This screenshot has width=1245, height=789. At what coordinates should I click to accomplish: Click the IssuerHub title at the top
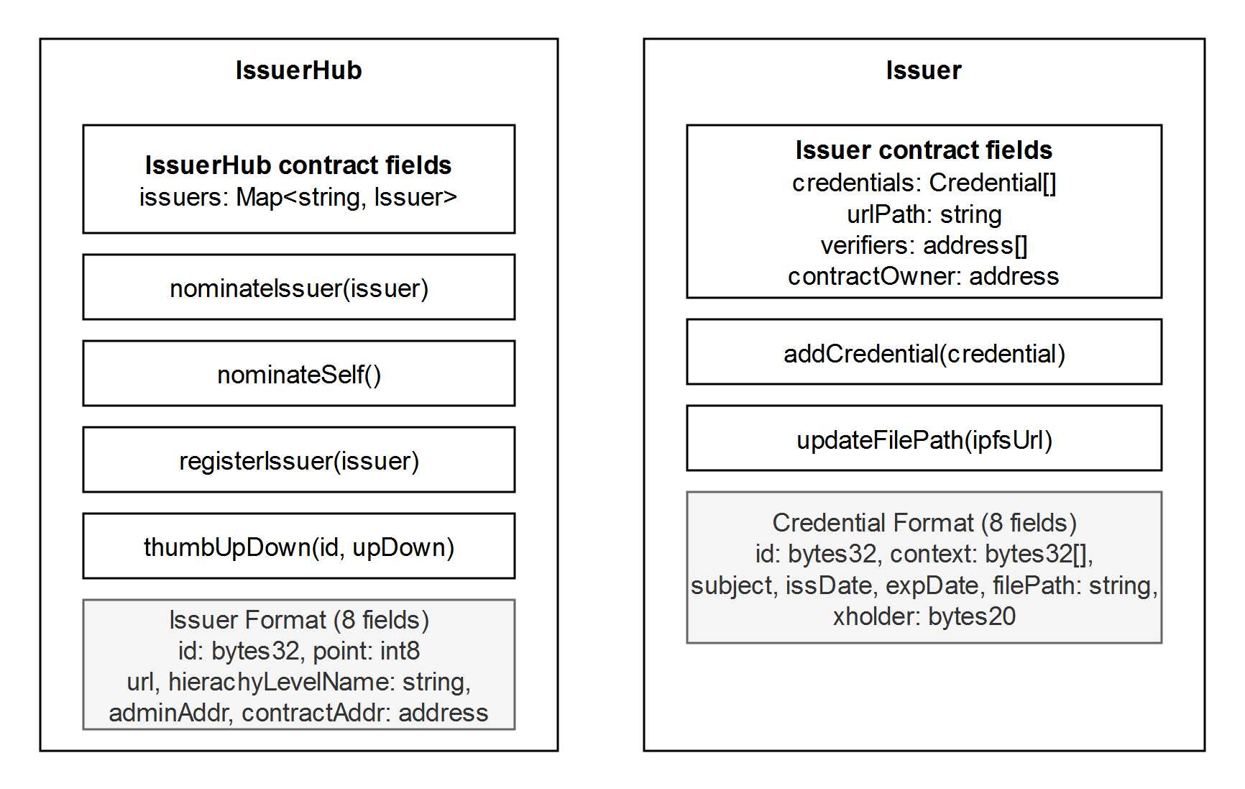[298, 70]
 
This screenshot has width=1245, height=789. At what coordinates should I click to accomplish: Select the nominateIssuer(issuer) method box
[299, 287]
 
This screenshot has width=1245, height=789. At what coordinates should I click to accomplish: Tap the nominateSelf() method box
[299, 373]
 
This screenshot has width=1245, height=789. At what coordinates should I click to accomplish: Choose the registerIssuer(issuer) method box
[299, 460]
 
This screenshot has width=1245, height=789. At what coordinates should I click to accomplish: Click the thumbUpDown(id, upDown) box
[299, 546]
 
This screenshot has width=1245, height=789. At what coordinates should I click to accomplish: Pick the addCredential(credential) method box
[924, 352]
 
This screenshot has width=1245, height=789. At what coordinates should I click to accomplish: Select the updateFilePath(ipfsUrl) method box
[924, 438]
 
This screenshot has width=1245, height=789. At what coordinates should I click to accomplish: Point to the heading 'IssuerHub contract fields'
[298, 165]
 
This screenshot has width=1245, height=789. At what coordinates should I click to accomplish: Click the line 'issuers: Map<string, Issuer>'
[298, 197]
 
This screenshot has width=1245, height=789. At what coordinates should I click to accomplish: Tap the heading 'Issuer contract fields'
[924, 150]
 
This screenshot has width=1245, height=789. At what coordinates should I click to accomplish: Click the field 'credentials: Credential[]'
[924, 183]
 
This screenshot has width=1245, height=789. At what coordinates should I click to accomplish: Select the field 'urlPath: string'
[924, 214]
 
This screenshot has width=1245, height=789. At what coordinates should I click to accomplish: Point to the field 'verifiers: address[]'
[924, 245]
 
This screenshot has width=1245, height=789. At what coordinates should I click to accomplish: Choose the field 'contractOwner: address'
[924, 276]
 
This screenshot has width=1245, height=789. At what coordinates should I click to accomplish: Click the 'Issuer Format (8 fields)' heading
[299, 620]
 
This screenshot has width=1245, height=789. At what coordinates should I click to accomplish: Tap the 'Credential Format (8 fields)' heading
[924, 523]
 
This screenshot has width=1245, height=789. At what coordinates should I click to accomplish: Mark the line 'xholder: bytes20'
[924, 616]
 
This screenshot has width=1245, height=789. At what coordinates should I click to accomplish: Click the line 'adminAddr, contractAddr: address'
[298, 713]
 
